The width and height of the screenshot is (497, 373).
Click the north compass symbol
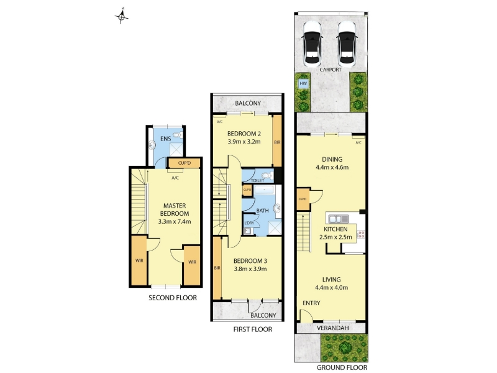121,17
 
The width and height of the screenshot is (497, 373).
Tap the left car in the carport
312,44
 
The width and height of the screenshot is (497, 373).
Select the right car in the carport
347,44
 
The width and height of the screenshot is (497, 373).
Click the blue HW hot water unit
303,84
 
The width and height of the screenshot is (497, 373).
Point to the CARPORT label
331,70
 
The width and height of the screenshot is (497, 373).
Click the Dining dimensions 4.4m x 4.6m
332,167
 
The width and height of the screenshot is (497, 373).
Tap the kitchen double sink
339,219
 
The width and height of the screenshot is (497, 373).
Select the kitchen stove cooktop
361,235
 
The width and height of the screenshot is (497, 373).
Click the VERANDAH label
333,328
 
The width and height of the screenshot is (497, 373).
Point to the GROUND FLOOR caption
342,367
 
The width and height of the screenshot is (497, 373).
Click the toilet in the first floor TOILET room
268,175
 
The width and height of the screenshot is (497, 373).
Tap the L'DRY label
249,223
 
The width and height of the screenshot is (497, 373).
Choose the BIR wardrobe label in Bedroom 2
277,143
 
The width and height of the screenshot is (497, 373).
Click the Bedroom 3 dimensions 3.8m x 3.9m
250,269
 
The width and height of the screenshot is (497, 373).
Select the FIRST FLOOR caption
253,329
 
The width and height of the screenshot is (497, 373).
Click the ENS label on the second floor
165,139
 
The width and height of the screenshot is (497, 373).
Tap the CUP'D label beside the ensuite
185,163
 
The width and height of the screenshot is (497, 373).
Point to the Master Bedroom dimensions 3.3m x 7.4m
175,222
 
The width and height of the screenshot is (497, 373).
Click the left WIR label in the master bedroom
139,260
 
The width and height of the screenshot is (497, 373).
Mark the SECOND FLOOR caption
173,298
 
